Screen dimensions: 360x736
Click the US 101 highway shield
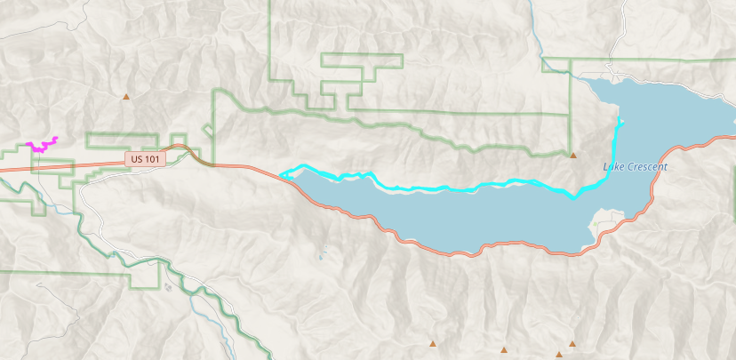pyautogui.click(x=145, y=158)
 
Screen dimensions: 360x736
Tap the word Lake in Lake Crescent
pyautogui.click(x=613, y=166)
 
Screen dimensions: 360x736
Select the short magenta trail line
pyautogui.click(x=42, y=145)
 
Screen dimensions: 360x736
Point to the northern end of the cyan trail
pyautogui.click(x=620, y=121)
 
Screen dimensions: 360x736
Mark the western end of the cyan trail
pyautogui.click(x=282, y=174)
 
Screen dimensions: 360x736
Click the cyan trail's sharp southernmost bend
pyautogui.click(x=574, y=197)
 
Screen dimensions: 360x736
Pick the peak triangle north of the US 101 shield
pyautogui.click(x=126, y=96)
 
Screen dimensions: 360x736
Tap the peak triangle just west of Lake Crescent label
pyautogui.click(x=572, y=154)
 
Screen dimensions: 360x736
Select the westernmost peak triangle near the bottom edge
pyautogui.click(x=433, y=343)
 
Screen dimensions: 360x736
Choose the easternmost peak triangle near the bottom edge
pyautogui.click(x=572, y=343)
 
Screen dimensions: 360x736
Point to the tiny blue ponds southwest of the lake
pyautogui.click(x=320, y=256)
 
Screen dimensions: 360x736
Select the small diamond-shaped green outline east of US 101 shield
pyautogui.click(x=208, y=130)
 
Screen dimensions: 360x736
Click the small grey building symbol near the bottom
pyautogui.click(x=168, y=286)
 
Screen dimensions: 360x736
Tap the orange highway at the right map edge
pyautogui.click(x=731, y=137)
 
